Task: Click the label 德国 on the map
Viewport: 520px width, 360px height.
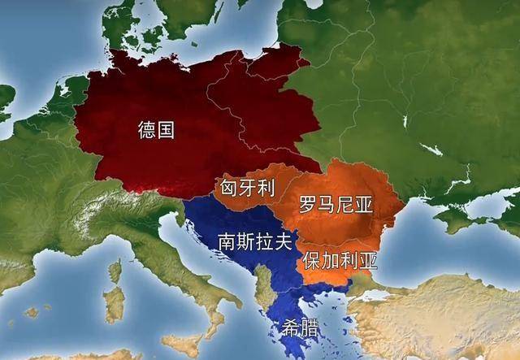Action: (155, 129)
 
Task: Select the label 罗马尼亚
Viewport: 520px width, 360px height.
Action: (335, 205)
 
